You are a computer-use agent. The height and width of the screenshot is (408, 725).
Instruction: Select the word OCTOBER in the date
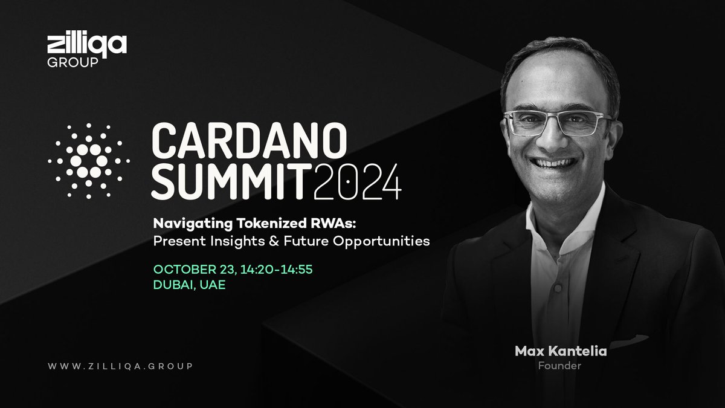click(181, 268)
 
